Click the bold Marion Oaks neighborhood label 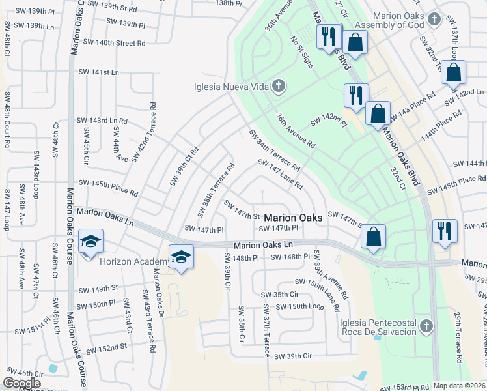pyautogui.click(x=293, y=218)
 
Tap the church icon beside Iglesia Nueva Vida pyautogui.click(x=279, y=86)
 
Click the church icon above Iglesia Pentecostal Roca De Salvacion pyautogui.click(x=426, y=325)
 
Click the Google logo pyautogui.click(x=23, y=383)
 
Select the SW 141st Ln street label pyautogui.click(x=101, y=72)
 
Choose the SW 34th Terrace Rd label pyautogui.click(x=273, y=151)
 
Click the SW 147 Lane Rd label pyautogui.click(x=281, y=175)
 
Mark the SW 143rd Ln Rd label pyautogui.click(x=102, y=121)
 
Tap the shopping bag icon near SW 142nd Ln pyautogui.click(x=453, y=73)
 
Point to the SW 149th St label pyautogui.click(x=98, y=289)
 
